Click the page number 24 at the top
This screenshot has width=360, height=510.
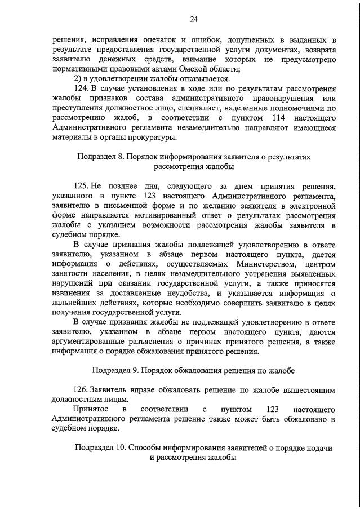coord(193,20)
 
